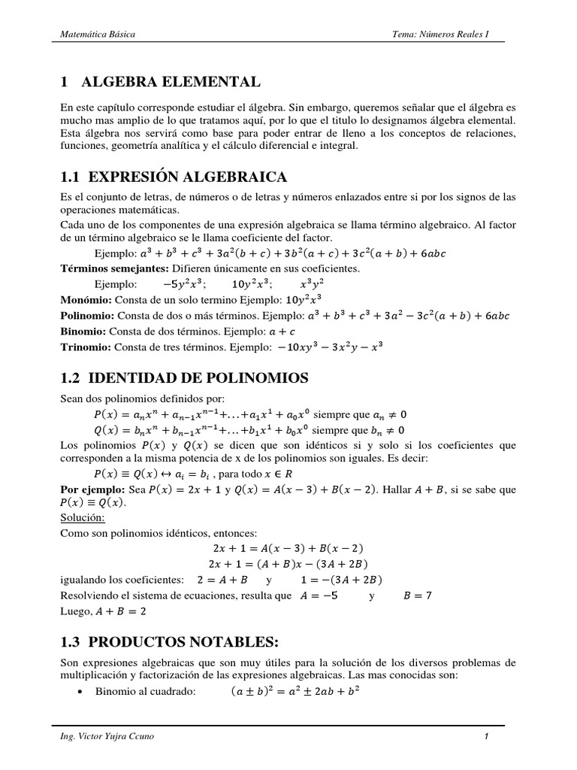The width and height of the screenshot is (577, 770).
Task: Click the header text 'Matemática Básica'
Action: tap(97, 35)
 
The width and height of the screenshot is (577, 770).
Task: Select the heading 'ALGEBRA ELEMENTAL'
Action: tap(171, 81)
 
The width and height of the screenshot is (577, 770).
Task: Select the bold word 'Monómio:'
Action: tap(84, 298)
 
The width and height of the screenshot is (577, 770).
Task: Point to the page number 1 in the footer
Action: tap(486, 736)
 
